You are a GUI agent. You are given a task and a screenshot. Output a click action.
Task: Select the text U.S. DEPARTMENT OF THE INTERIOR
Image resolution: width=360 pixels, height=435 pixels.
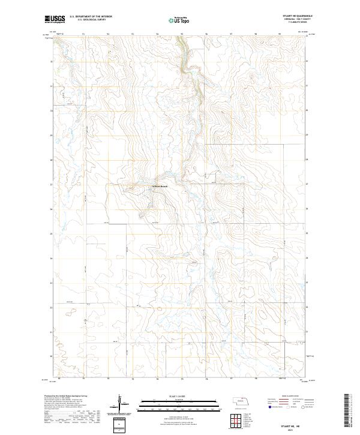91,17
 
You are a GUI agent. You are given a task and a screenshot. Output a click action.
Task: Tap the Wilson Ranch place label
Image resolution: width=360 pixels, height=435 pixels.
160,186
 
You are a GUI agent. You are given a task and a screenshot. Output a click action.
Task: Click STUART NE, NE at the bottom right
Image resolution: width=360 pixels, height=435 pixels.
292,424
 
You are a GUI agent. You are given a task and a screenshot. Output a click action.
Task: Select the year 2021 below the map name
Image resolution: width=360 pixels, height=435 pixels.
292,428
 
